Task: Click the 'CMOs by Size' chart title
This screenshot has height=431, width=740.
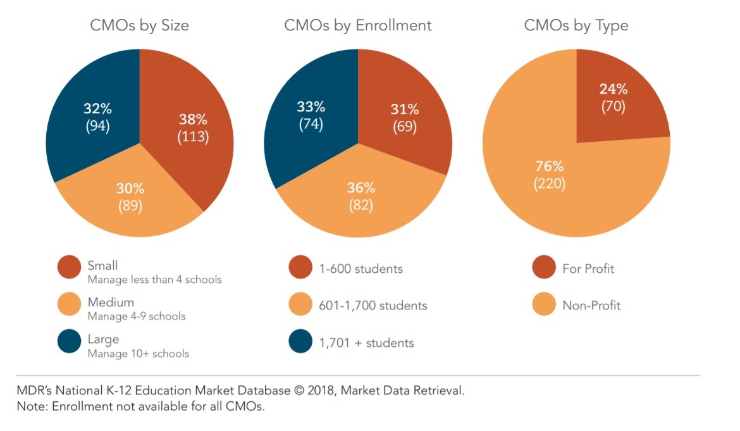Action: click(x=139, y=26)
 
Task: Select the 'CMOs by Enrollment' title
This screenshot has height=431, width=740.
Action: click(x=357, y=26)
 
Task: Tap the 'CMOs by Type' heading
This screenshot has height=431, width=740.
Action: click(x=576, y=26)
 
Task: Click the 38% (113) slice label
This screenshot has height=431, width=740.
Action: click(x=193, y=128)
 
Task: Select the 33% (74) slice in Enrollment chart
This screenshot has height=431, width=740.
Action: click(x=311, y=115)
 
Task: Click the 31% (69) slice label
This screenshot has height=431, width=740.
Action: click(x=404, y=118)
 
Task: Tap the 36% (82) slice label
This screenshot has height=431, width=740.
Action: click(x=360, y=196)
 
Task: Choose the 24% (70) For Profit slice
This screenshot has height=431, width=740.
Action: click(x=613, y=98)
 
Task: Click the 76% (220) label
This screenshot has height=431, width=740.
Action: click(x=549, y=175)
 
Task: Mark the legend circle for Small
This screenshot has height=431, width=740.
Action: click(x=69, y=267)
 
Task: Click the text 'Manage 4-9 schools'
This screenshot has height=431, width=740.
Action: click(x=136, y=316)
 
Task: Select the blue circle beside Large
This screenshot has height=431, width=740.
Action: click(x=69, y=342)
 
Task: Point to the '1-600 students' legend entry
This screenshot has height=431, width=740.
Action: click(x=361, y=268)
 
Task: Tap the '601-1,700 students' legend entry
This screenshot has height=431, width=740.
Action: click(x=373, y=306)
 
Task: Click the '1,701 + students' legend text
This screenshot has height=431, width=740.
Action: click(x=366, y=343)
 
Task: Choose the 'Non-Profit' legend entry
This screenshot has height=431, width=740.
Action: click(x=591, y=306)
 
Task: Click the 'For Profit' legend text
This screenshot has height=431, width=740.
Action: click(x=588, y=268)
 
